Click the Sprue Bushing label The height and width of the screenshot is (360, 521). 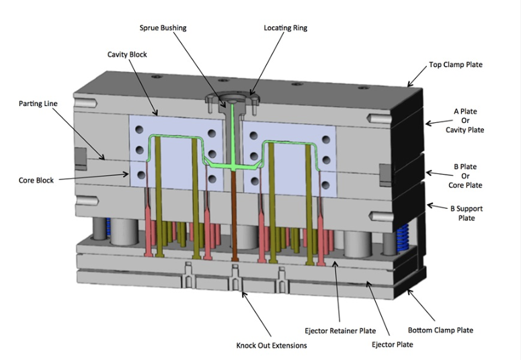163,28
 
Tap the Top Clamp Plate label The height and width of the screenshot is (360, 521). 455,65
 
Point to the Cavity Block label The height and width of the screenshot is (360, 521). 127,54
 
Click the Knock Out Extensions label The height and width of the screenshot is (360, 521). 272,346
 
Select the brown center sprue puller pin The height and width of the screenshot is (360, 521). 234,215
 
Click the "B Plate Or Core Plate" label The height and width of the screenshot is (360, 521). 465,176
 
